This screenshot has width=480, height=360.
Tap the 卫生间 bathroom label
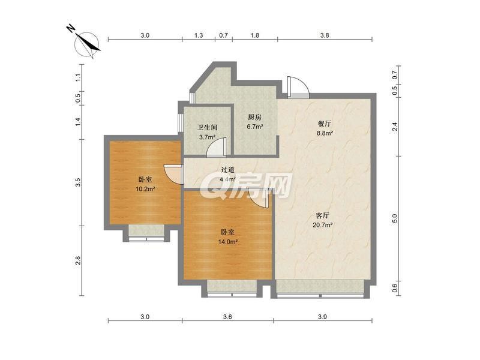[207, 127]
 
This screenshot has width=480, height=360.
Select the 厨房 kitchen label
[254, 117]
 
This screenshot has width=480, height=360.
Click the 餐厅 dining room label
[325, 124]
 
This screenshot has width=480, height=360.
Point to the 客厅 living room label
[322, 215]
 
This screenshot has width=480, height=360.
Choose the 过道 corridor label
[228, 169]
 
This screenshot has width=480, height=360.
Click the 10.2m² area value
[145, 189]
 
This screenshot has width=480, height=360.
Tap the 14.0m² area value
[228, 242]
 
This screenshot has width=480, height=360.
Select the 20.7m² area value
[323, 225]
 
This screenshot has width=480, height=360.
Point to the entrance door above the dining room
[298, 88]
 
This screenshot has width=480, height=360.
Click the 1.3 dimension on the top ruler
[199, 35]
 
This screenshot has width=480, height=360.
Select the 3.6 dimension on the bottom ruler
[227, 317]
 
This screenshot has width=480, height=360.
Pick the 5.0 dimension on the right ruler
[395, 218]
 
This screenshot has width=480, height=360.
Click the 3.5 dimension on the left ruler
[78, 182]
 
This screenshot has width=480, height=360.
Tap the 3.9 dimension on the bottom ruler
[322, 317]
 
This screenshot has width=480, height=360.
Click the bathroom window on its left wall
[181, 124]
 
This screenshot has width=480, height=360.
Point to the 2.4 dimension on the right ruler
[395, 127]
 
